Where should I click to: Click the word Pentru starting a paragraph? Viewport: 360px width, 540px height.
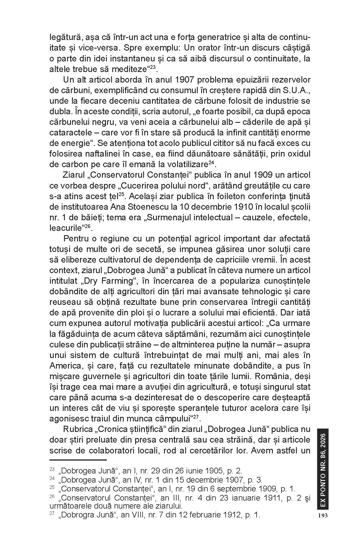pyautogui.click(x=76, y=239)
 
